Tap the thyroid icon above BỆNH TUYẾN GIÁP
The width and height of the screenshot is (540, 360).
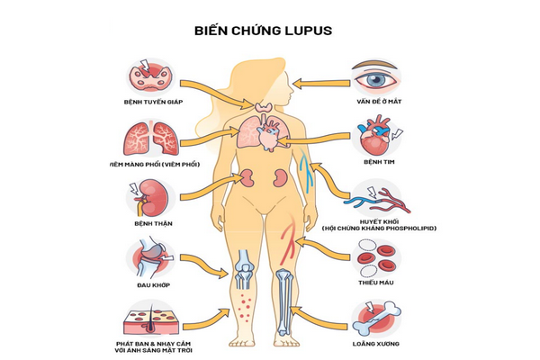(x=147, y=76)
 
